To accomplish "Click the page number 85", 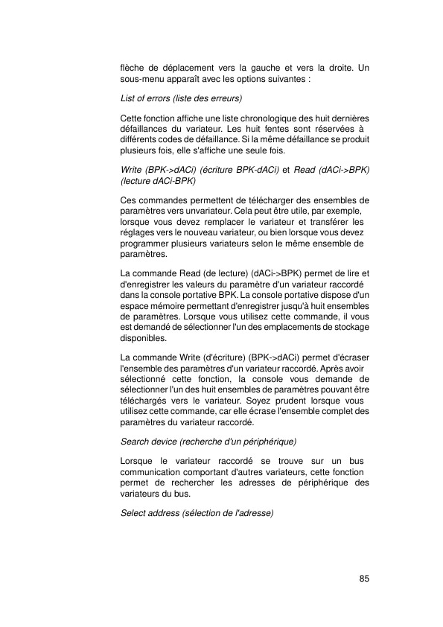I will pyautogui.click(x=364, y=578).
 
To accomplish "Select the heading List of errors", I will pyautogui.click(x=182, y=98).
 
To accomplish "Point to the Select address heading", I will pyautogui.click(x=197, y=513).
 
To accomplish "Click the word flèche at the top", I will pyautogui.click(x=133, y=69).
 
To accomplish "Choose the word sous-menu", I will pyautogui.click(x=141, y=78).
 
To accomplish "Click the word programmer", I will pyautogui.click(x=145, y=243).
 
